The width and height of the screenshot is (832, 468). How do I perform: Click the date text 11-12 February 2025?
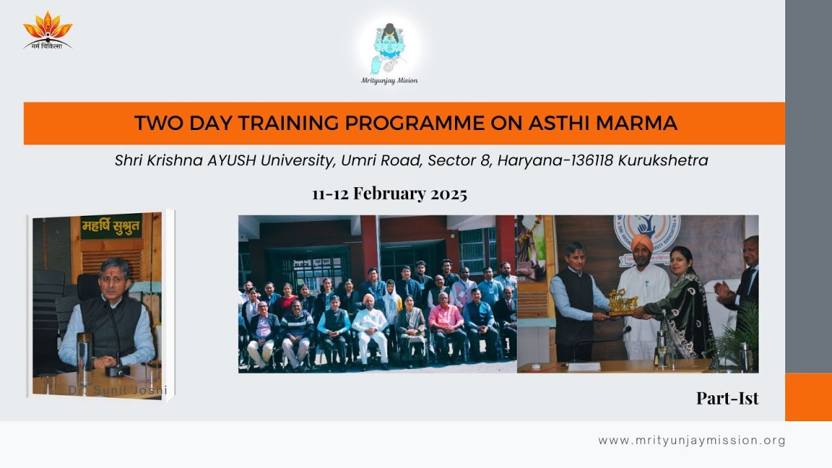click(x=389, y=194)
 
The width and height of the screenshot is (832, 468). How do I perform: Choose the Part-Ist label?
click(x=727, y=398)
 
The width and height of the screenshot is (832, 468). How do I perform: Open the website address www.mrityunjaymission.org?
click(x=692, y=440)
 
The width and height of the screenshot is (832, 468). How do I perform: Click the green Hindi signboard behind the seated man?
click(x=111, y=227)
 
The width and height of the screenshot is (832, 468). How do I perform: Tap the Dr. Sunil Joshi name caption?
click(x=118, y=390)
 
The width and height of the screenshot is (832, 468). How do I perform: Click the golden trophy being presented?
click(x=622, y=303)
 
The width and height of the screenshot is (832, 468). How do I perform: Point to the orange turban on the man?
click(x=641, y=243)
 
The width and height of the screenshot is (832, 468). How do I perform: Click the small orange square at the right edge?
click(x=808, y=396)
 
